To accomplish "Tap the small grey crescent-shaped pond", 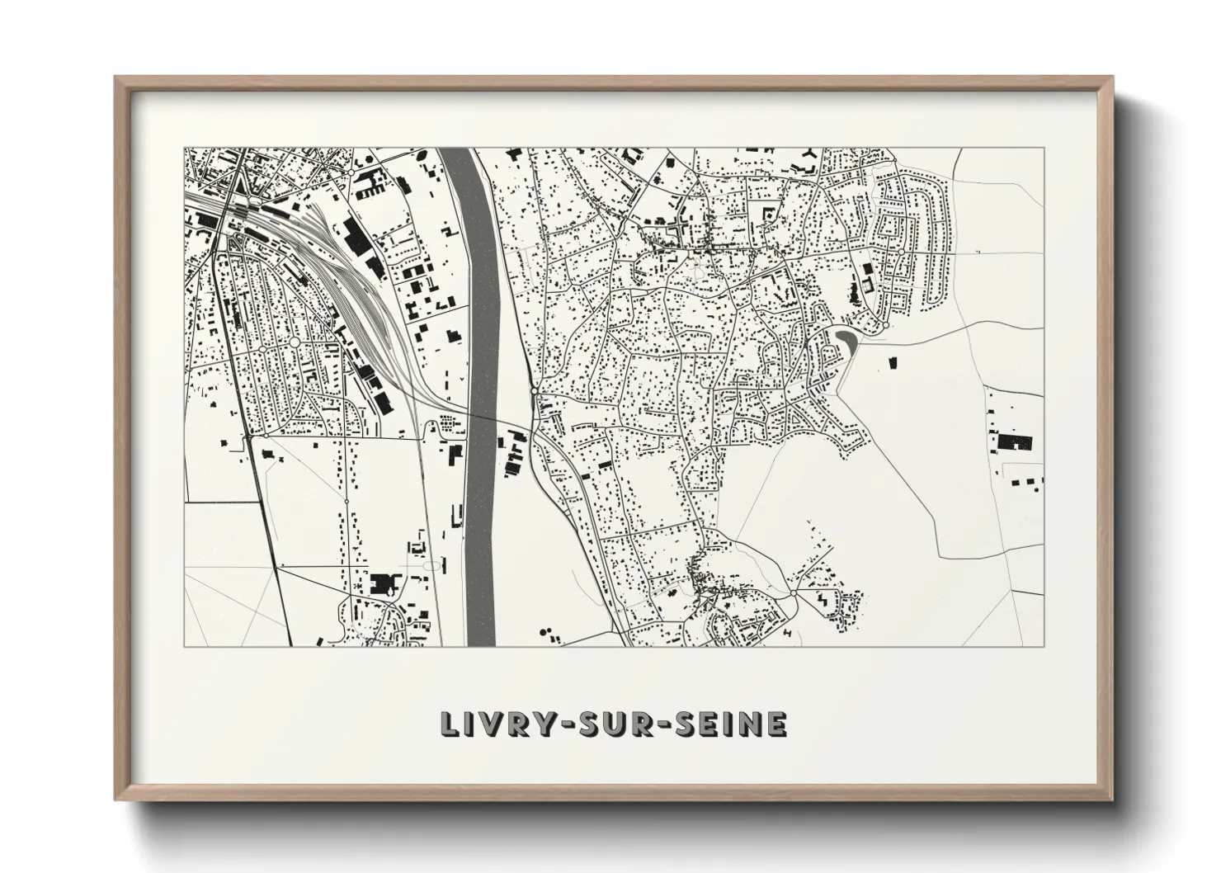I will (844, 338).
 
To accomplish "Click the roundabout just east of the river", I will (535, 389).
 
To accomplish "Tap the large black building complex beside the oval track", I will (382, 583).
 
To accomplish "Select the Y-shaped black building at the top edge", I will (811, 155).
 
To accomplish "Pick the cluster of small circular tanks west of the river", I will (448, 423).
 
